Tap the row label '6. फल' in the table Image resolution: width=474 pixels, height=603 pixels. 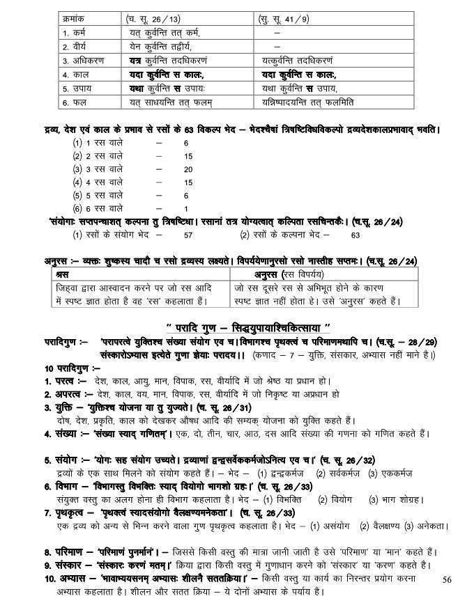pos(75,102)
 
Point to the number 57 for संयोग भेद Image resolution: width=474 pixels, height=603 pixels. pos(187,235)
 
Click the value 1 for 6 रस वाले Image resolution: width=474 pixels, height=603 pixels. pos(186,208)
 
